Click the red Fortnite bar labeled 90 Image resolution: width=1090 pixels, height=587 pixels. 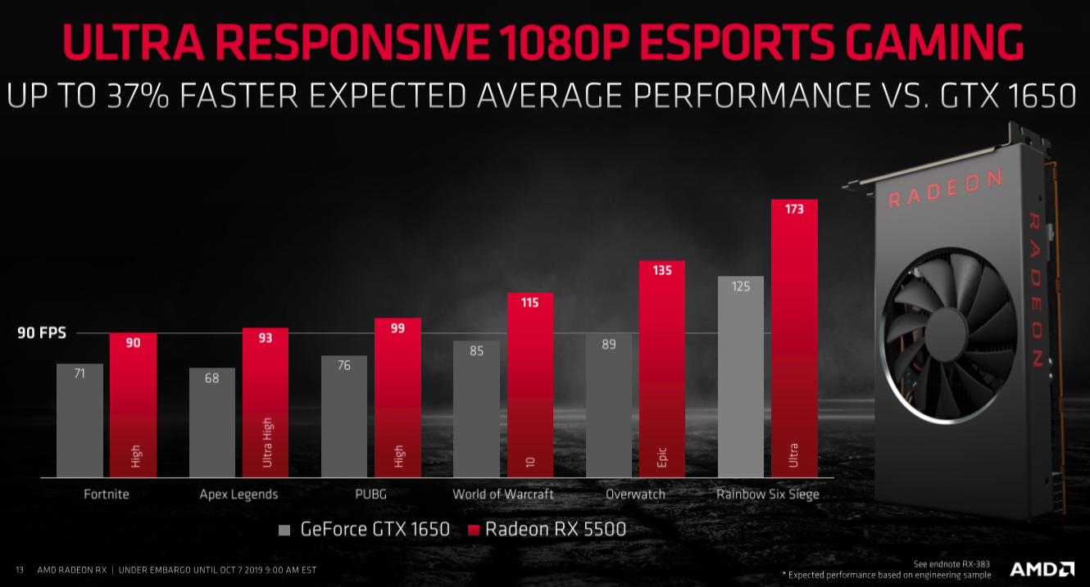coord(133,405)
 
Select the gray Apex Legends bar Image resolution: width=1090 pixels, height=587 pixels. coord(211,422)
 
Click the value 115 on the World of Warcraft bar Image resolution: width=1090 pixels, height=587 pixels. coord(530,302)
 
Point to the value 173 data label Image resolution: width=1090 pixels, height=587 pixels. coord(795,209)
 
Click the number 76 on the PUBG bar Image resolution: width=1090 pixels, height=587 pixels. coord(344,365)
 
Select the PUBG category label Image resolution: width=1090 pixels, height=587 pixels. coord(370,494)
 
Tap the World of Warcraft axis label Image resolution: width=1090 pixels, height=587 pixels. coord(503,494)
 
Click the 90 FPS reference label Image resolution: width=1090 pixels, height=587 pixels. coord(42,333)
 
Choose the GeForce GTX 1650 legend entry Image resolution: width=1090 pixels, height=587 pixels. coord(365,529)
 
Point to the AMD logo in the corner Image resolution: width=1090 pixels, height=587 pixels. coord(1042,569)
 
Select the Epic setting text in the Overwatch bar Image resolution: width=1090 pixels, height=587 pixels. coord(662,457)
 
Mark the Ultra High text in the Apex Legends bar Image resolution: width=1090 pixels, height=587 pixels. coord(266,442)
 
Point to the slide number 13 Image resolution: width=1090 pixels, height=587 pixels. coord(20,570)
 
